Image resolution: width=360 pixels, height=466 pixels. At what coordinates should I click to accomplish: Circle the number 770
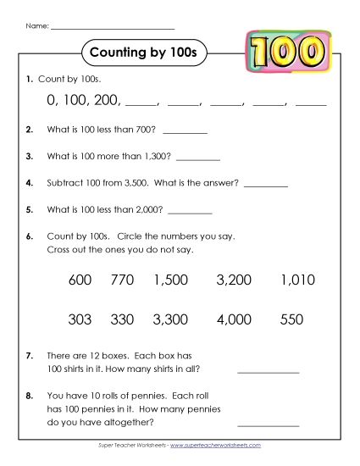tap(123, 280)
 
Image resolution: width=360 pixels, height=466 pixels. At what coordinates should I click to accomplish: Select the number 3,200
tap(234, 280)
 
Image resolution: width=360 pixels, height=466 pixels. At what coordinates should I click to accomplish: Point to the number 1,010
tap(296, 280)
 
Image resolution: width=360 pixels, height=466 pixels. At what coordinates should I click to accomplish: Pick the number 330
tap(123, 320)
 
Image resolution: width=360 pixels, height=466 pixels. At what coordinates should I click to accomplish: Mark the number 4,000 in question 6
tap(234, 320)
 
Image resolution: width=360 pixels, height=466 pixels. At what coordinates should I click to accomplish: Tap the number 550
tap(291, 320)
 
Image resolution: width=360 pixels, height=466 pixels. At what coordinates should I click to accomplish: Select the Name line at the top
tap(112, 28)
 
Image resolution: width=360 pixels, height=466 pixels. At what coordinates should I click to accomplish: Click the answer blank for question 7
tap(269, 370)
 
